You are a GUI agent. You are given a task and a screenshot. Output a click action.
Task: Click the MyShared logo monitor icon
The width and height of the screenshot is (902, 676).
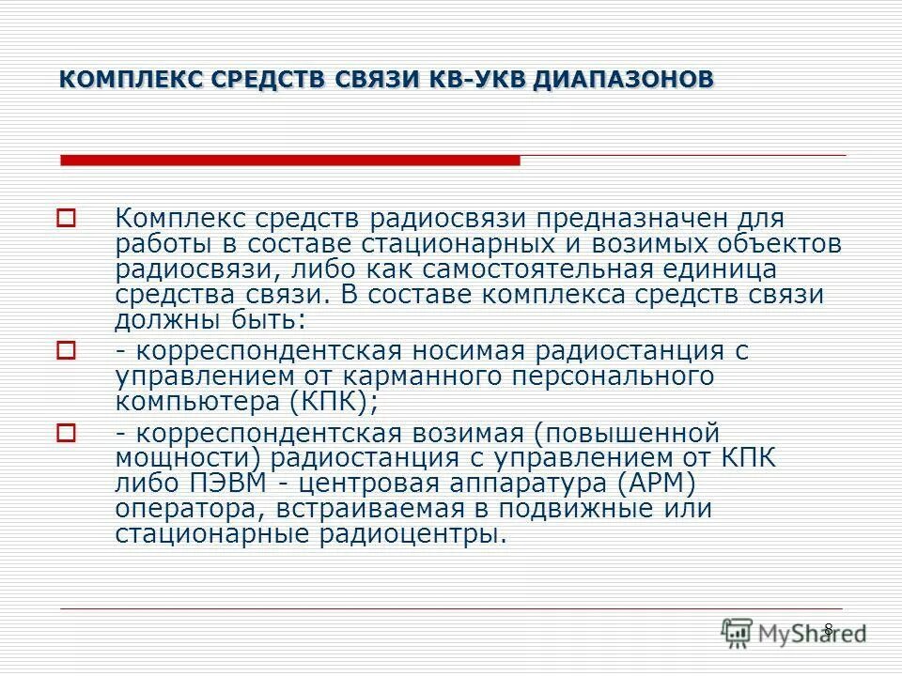(738, 632)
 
